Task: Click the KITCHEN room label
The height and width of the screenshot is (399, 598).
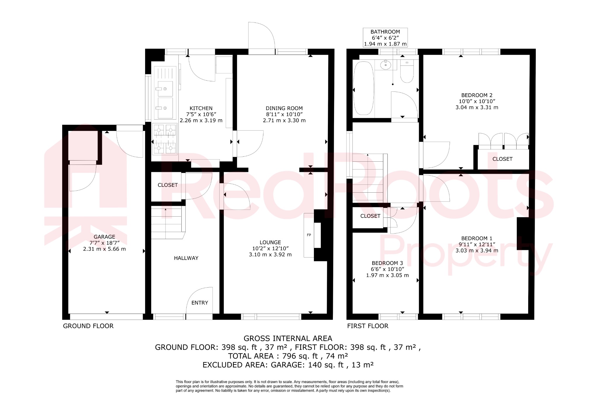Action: pos(201,108)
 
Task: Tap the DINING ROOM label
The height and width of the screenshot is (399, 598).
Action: pos(284,108)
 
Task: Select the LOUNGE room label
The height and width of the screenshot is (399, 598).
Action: pos(270,242)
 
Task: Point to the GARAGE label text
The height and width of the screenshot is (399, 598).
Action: pos(104,237)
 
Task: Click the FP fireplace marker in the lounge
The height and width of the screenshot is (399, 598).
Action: pos(309,235)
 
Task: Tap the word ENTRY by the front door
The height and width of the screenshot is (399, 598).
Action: pos(200,303)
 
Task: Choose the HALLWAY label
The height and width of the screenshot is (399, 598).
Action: pos(186,258)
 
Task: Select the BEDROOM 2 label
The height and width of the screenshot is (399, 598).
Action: pos(477,95)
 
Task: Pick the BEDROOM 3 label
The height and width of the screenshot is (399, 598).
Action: pos(387,263)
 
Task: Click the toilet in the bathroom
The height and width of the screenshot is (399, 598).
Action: pos(407,72)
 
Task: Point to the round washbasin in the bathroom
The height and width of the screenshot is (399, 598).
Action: pos(386,65)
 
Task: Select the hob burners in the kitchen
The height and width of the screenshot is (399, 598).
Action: pos(165,139)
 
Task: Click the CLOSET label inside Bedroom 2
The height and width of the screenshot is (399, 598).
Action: pos(502,159)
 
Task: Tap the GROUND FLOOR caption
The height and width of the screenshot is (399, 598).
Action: pos(88,326)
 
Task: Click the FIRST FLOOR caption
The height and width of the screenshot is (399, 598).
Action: pos(368,326)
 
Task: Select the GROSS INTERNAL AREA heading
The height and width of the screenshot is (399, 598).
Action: pos(288,338)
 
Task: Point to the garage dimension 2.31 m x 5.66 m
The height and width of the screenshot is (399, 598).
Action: pos(104,249)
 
